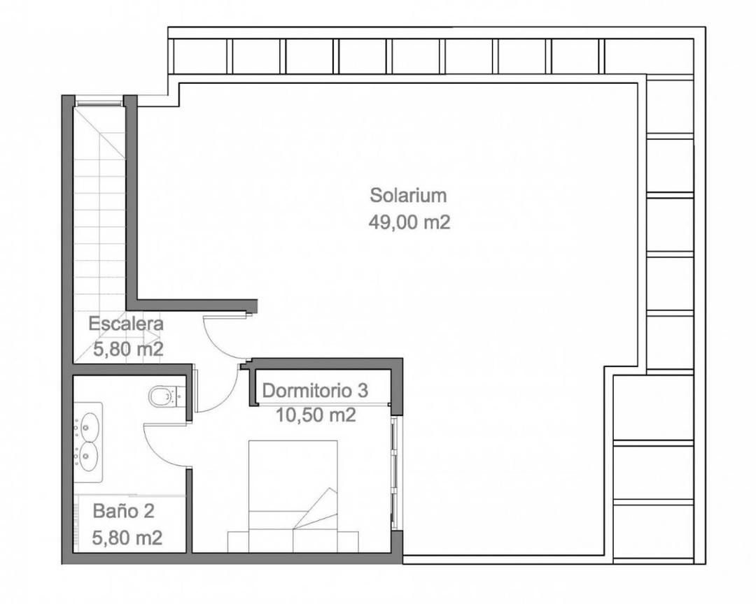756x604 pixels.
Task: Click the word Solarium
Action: click(408, 195)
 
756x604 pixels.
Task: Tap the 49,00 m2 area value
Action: click(409, 222)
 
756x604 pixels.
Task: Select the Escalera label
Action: click(126, 324)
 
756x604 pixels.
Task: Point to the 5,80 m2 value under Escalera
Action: click(128, 349)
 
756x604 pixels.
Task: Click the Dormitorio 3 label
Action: click(315, 390)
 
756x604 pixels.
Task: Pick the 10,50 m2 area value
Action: click(316, 415)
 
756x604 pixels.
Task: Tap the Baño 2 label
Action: click(123, 511)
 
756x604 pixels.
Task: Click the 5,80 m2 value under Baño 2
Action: click(127, 538)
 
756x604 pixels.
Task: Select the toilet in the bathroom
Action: click(164, 396)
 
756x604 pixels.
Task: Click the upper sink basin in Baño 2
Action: click(89, 424)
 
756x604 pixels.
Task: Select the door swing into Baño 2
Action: click(162, 447)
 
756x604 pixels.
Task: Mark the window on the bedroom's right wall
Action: click(396, 473)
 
